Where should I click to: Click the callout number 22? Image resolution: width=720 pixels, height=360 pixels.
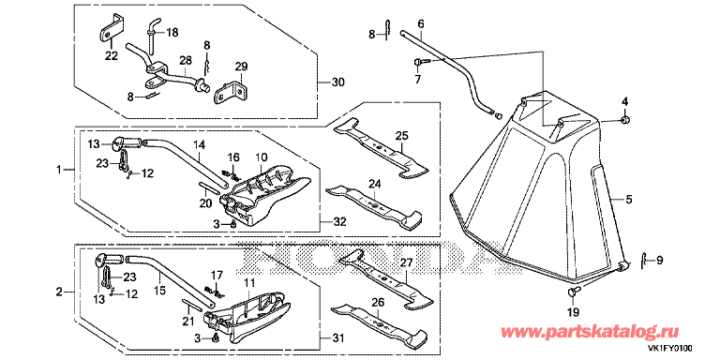point(112,56)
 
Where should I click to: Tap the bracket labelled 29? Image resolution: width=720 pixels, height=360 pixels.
point(230,91)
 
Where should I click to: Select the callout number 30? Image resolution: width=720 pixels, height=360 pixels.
point(337,82)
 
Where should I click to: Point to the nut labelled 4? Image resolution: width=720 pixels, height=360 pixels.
point(625,120)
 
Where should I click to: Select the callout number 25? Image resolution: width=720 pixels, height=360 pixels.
point(401,136)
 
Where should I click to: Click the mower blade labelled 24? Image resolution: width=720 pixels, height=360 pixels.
point(375,205)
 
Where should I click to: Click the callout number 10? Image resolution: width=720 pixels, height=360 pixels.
point(262,157)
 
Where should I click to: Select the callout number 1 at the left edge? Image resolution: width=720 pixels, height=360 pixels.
point(58,170)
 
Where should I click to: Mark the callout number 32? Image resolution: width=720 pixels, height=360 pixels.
point(340,222)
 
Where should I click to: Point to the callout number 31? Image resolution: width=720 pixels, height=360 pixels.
point(337,339)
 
